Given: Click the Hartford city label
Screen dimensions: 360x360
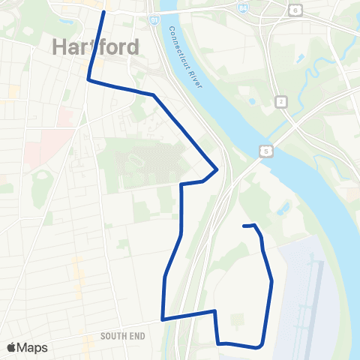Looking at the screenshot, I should (x=96, y=46).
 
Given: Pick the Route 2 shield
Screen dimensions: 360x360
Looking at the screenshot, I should (x=280, y=100).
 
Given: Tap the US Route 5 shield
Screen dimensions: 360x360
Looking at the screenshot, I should (x=268, y=151).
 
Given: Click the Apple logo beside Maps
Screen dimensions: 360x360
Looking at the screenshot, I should (x=11, y=347).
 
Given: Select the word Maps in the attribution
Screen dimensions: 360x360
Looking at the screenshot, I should (x=33, y=347).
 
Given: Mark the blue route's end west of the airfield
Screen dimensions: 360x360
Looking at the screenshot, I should (x=244, y=225).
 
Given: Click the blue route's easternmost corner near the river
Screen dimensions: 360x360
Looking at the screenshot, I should (x=217, y=169).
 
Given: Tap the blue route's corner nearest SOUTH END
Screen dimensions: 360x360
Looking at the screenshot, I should (x=162, y=319).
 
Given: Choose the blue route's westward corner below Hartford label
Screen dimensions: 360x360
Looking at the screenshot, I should (x=89, y=78).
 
